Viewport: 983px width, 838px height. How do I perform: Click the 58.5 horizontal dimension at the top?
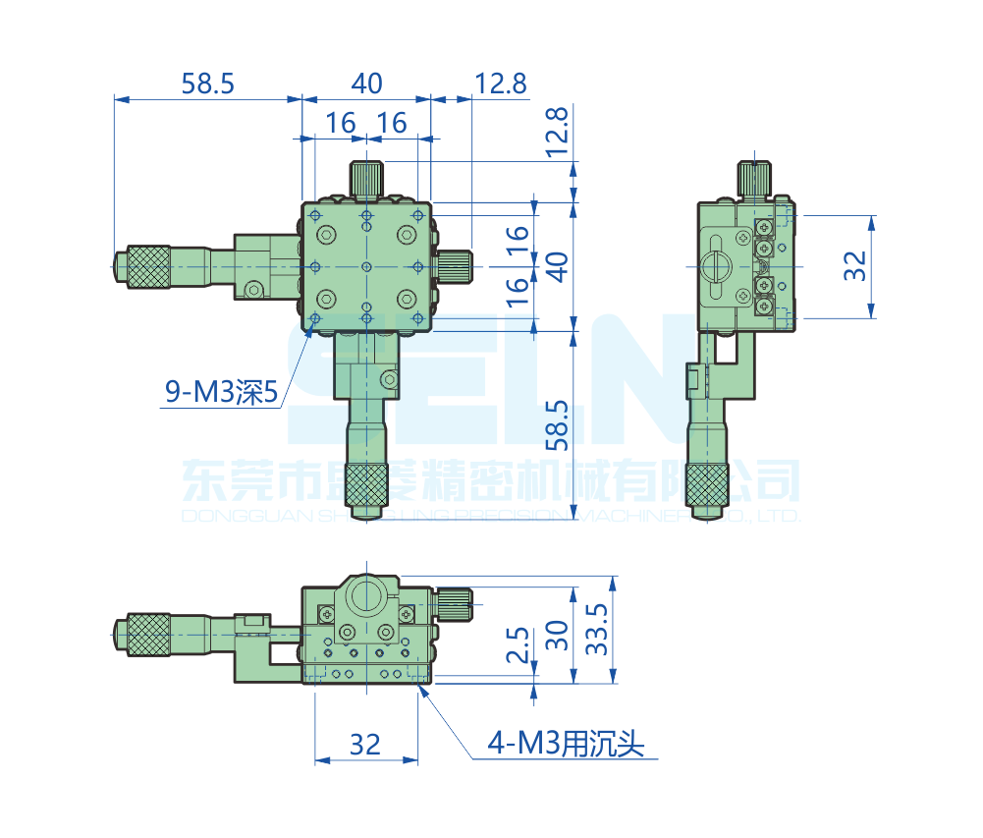(x=207, y=84)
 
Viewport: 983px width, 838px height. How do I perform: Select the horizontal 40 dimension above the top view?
(x=366, y=84)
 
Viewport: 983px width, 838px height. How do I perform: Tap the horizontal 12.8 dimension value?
(x=500, y=84)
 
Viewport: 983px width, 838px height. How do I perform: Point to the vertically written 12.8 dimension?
(x=557, y=133)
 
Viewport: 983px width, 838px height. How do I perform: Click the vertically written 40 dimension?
(x=557, y=266)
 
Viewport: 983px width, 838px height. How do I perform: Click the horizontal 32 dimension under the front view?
(x=364, y=745)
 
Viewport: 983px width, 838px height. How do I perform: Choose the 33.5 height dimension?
(x=596, y=630)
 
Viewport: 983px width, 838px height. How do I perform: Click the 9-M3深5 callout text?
(x=222, y=394)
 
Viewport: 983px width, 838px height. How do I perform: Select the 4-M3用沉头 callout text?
(x=567, y=745)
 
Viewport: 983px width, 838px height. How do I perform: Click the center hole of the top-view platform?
(x=366, y=266)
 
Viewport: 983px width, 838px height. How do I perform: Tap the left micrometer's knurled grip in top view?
(x=145, y=266)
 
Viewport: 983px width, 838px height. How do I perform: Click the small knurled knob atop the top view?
(x=366, y=179)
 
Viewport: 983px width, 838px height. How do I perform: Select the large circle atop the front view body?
(x=365, y=595)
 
